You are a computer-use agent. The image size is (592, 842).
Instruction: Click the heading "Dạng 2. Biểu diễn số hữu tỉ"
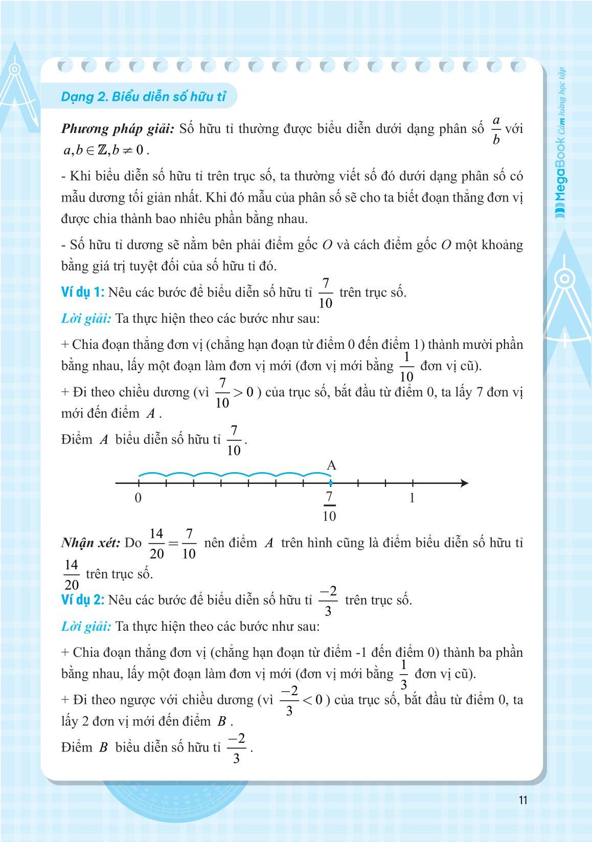pos(143,97)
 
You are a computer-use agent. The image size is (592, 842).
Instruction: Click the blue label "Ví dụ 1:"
pos(82,293)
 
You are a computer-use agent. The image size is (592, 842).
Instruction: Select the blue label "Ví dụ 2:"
pos(82,600)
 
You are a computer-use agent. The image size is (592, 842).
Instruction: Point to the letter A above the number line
pos(331,466)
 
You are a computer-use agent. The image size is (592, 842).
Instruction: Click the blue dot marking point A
pos(331,483)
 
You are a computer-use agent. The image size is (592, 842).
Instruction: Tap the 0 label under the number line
pos(138,498)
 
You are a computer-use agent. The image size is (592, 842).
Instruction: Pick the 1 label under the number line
pos(412,498)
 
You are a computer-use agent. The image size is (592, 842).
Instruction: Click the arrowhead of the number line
pos(464,483)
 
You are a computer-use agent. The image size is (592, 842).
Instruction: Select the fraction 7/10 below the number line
pos(330,506)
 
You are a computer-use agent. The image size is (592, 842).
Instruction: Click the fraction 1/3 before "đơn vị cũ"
pos(403,674)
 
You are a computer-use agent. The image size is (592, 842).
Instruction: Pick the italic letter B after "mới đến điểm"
pos(222,722)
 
